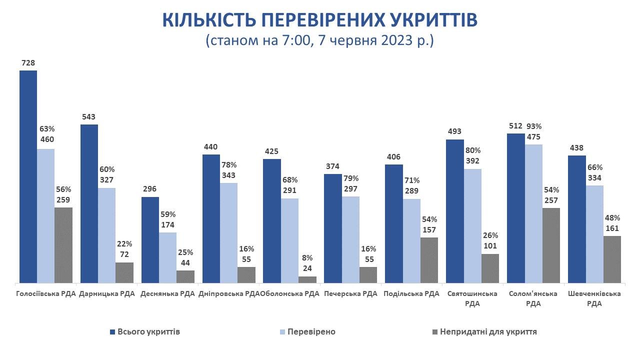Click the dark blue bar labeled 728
[x=28, y=176]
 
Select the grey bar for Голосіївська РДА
[x=63, y=245]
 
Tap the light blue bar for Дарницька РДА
[x=106, y=235]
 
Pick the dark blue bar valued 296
[x=150, y=240]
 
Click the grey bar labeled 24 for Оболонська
[x=307, y=279]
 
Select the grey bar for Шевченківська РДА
[x=612, y=259]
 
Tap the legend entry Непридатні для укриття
[x=488, y=332]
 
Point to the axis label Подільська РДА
[x=411, y=294]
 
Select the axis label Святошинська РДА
[x=472, y=298]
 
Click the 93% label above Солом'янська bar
[x=533, y=126]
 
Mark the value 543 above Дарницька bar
[x=89, y=116]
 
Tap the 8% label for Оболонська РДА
[x=307, y=258]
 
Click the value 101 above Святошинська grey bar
[x=490, y=246]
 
